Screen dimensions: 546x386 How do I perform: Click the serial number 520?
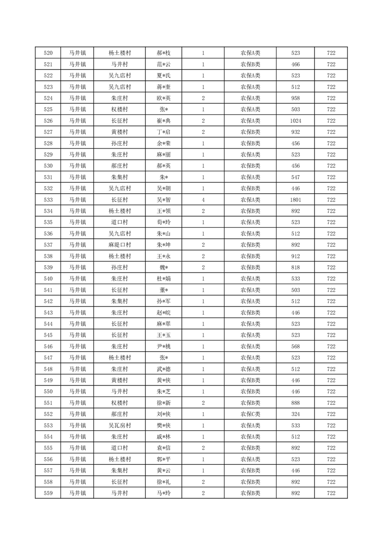48,53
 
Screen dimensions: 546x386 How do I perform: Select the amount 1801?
295,200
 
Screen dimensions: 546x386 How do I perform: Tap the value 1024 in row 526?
295,121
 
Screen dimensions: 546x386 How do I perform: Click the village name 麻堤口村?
119,245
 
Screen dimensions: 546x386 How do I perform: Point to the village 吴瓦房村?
119,425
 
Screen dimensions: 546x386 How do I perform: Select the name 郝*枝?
164,53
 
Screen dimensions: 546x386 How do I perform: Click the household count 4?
203,200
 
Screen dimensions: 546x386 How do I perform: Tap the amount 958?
295,98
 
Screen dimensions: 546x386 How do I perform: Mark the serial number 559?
48,493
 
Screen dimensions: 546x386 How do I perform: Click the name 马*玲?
164,493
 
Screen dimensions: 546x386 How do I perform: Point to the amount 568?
295,346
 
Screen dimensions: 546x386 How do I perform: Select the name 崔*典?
164,121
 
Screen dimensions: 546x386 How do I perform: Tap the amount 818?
295,268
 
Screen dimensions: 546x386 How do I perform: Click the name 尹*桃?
164,346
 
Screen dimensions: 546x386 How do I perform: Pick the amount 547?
295,177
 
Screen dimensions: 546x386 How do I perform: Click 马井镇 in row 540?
77,279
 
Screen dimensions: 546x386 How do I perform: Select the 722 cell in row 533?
331,200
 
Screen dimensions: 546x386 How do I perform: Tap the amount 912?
295,256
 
